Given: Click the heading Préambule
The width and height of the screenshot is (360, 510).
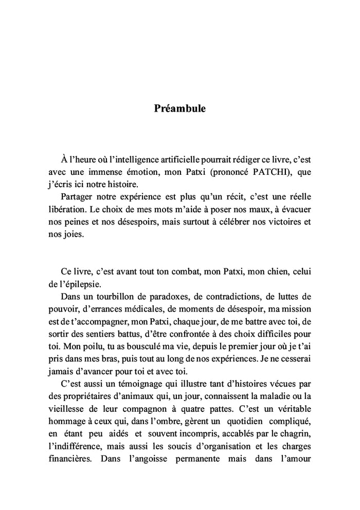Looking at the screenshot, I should (x=179, y=109).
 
